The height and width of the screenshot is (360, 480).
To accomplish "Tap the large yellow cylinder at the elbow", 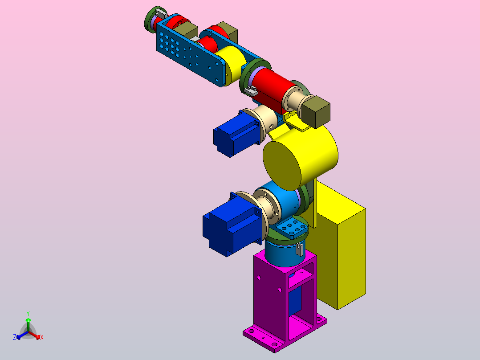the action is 300,158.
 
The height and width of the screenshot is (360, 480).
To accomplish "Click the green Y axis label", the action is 28,313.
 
